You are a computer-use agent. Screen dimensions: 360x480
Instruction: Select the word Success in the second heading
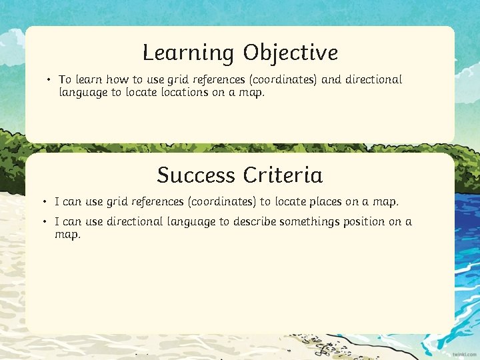coord(197,175)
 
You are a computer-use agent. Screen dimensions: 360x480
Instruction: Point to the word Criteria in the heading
coord(283,175)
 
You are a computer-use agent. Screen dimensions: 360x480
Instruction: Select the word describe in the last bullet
coord(255,222)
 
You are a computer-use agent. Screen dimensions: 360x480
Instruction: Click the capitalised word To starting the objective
coord(65,80)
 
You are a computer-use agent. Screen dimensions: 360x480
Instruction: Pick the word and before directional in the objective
coord(331,80)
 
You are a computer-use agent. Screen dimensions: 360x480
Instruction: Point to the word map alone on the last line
coord(67,235)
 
